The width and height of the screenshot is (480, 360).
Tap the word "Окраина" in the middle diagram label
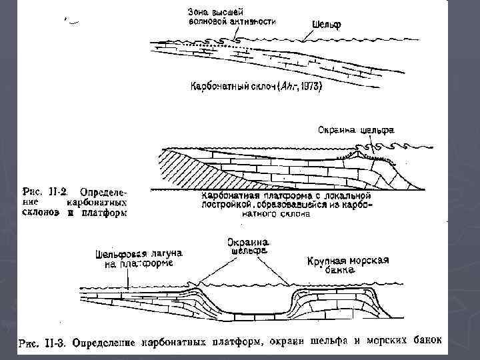pos(333,130)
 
